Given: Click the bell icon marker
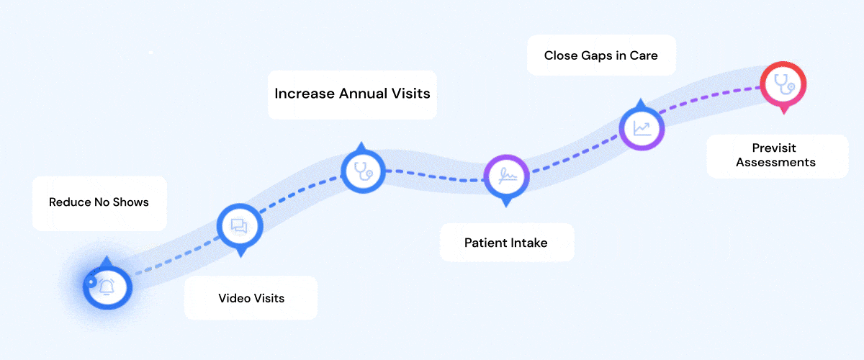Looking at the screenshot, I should pyautogui.click(x=107, y=287).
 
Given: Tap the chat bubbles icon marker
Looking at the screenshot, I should pyautogui.click(x=240, y=227).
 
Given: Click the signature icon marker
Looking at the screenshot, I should pyautogui.click(x=506, y=175).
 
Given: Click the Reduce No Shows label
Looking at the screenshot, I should pyautogui.click(x=99, y=202).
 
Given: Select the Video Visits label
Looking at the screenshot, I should pyautogui.click(x=251, y=297).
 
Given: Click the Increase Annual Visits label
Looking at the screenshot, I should pyautogui.click(x=352, y=94).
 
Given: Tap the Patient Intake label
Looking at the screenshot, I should pyautogui.click(x=505, y=243).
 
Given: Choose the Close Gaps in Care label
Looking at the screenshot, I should pyautogui.click(x=600, y=55).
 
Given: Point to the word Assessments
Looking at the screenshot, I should pyautogui.click(x=775, y=162).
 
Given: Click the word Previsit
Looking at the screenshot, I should pyautogui.click(x=775, y=148).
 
